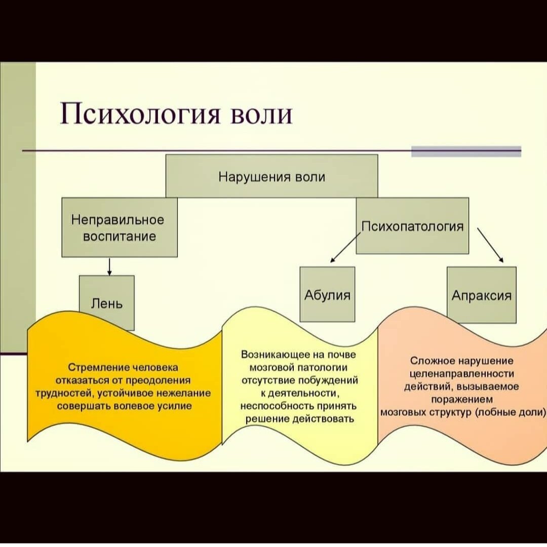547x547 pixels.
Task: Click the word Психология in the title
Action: click(x=140, y=114)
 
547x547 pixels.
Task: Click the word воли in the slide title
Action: click(x=262, y=114)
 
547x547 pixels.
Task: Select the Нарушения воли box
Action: click(x=272, y=176)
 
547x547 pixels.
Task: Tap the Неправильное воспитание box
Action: click(x=120, y=227)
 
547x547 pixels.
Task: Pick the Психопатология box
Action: click(x=412, y=226)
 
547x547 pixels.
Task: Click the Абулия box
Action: click(x=327, y=294)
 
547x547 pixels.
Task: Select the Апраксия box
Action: click(x=482, y=295)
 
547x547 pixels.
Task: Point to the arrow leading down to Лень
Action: click(x=109, y=266)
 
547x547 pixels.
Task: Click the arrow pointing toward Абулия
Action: click(x=345, y=247)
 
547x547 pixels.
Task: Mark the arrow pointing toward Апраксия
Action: click(x=490, y=245)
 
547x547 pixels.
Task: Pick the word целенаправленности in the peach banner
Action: click(x=461, y=374)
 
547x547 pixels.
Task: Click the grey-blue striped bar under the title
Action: click(x=466, y=151)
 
